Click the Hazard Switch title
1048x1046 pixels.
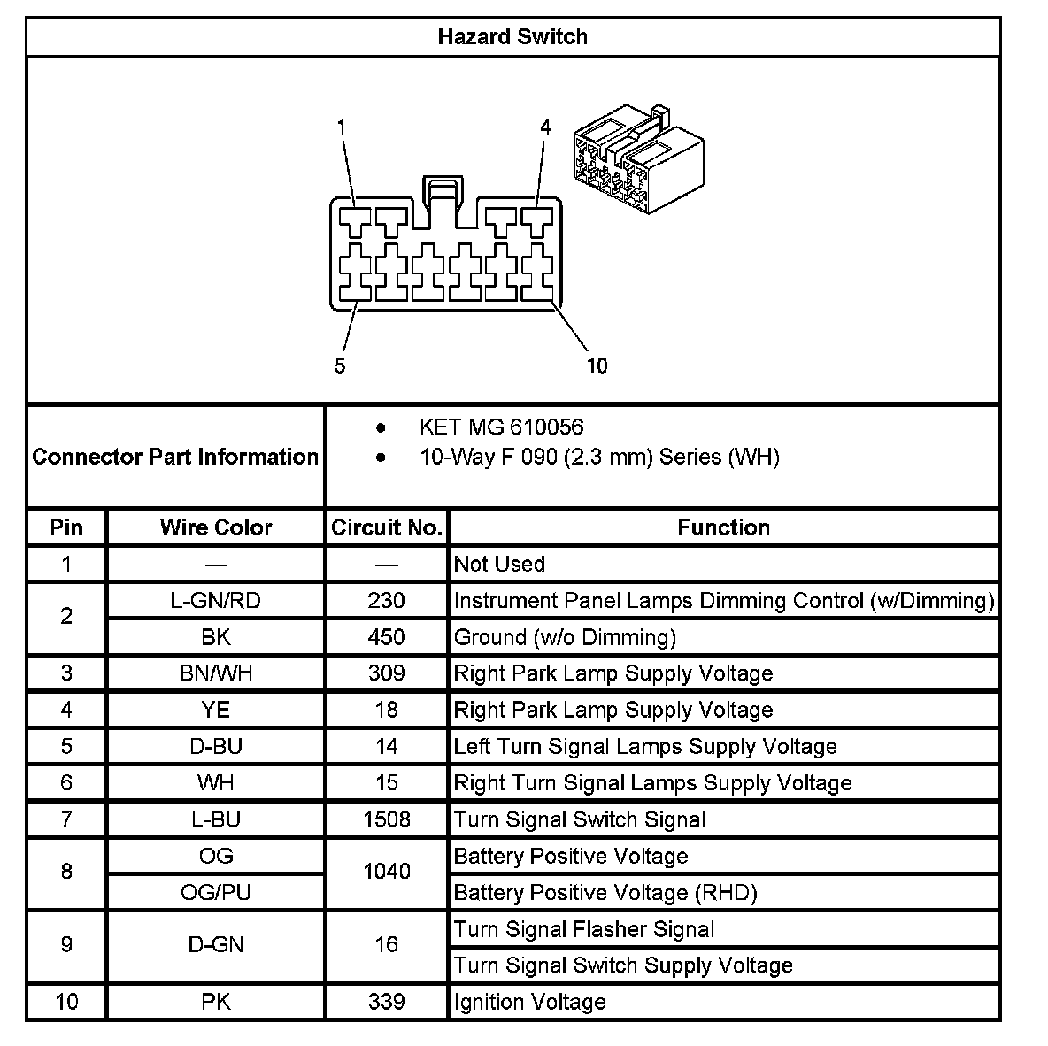512,37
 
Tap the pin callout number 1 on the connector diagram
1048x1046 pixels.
341,127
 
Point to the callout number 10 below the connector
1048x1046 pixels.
597,365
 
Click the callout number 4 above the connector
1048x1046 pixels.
545,127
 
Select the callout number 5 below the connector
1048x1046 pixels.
341,365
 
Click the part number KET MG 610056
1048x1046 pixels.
501,427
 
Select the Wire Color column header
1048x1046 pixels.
216,527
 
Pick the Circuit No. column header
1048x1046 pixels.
387,527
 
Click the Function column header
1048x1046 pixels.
723,527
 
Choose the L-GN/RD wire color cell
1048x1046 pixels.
216,601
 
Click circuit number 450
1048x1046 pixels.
387,637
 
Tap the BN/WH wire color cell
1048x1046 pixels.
216,673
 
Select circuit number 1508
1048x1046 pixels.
387,819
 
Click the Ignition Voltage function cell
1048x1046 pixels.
529,1002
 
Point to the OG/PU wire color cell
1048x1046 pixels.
216,892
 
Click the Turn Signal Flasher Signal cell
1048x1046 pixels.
583,929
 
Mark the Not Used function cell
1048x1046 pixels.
499,564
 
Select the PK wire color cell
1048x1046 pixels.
216,1002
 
